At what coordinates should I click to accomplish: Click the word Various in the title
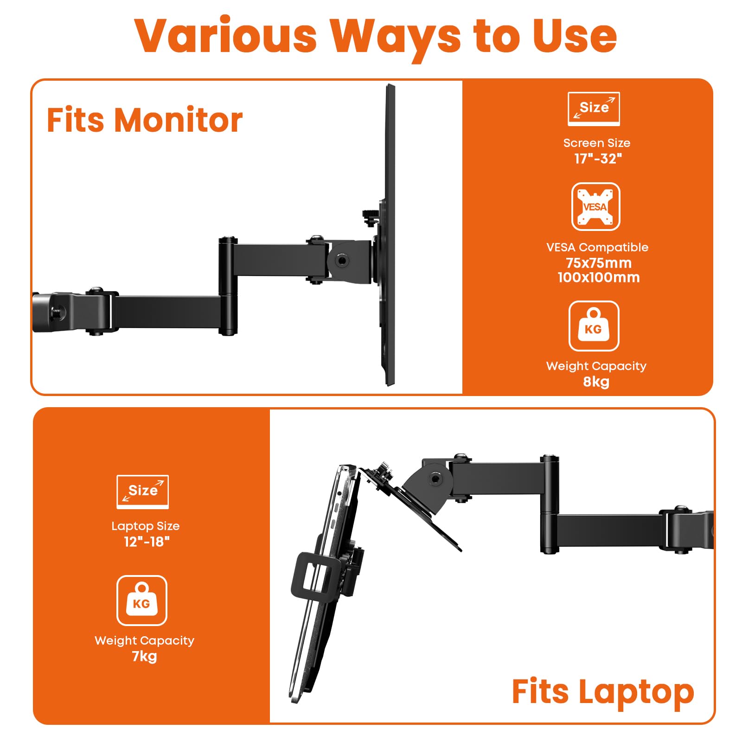click(x=226, y=36)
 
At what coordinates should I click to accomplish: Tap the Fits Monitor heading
click(x=144, y=121)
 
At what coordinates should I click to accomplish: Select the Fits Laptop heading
click(x=602, y=692)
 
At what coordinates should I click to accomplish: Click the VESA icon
click(x=595, y=207)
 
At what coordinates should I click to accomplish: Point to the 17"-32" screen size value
click(x=598, y=159)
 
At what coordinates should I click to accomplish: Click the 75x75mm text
click(x=598, y=263)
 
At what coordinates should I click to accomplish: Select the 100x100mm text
click(x=598, y=277)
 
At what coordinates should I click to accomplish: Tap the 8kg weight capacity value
click(x=596, y=382)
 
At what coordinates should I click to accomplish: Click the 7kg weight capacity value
click(x=144, y=656)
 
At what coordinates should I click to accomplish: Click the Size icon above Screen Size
click(x=594, y=109)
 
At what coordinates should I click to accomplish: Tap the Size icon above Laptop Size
click(x=142, y=492)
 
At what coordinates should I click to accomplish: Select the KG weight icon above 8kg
click(x=594, y=326)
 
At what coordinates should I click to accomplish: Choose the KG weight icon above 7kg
click(x=141, y=601)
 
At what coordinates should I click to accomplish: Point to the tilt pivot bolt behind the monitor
click(x=342, y=261)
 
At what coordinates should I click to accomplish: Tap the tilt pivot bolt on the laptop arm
click(x=435, y=479)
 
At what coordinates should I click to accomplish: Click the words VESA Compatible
click(x=597, y=247)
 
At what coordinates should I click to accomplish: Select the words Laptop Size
click(x=145, y=526)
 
